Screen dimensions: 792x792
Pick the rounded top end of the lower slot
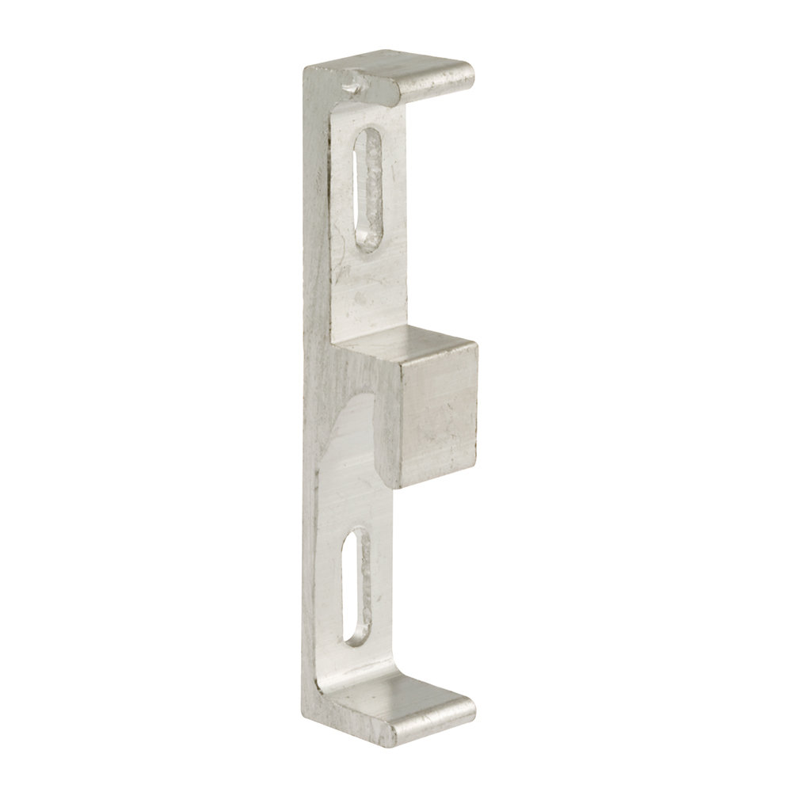[361, 538]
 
